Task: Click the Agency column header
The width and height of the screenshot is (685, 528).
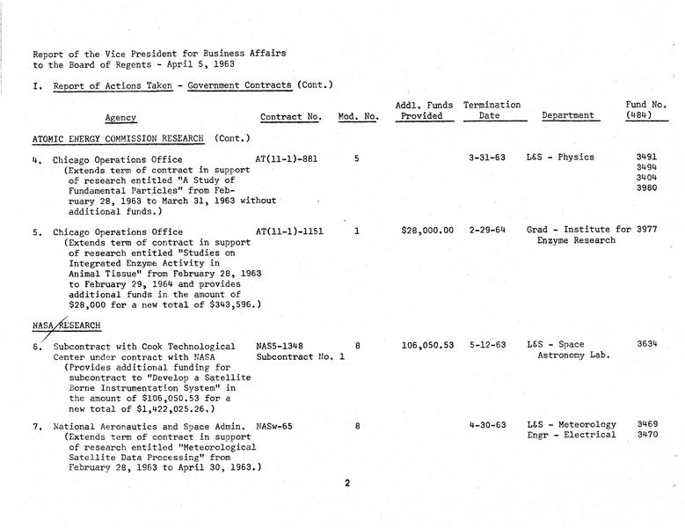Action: point(120,118)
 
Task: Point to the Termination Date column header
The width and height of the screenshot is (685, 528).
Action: point(492,110)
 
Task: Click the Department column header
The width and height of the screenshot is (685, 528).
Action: point(568,116)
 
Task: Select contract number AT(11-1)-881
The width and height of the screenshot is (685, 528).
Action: point(285,158)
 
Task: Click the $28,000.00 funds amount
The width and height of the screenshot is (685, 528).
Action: point(427,231)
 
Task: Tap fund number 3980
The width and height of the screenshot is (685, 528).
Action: point(646,187)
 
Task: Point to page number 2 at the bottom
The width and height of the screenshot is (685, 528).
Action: point(347,482)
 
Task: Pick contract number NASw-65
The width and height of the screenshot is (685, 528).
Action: point(275,425)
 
